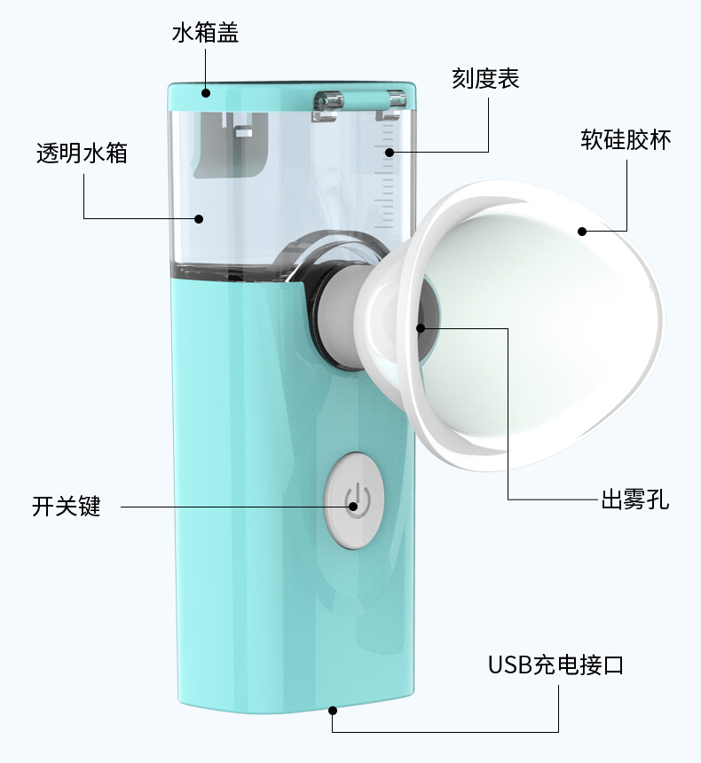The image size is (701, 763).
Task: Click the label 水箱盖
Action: [205, 33]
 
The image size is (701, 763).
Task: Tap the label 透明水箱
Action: [82, 153]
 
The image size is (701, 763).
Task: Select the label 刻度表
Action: [485, 78]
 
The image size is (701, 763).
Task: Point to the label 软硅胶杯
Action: [626, 139]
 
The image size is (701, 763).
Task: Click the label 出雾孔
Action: [635, 499]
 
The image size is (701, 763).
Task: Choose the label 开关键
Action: [67, 506]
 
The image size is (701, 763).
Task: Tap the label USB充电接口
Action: [556, 665]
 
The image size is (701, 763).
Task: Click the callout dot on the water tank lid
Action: [206, 92]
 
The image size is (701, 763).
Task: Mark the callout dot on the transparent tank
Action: [199, 218]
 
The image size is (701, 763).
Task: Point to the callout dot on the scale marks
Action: [389, 153]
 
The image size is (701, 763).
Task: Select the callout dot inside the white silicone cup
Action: [582, 232]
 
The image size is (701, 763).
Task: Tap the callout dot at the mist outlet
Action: [421, 328]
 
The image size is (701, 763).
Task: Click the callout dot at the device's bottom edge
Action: [333, 711]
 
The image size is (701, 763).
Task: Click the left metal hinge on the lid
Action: [327, 105]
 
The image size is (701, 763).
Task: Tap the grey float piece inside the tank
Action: [231, 145]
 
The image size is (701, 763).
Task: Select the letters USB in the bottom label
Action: [510, 665]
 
